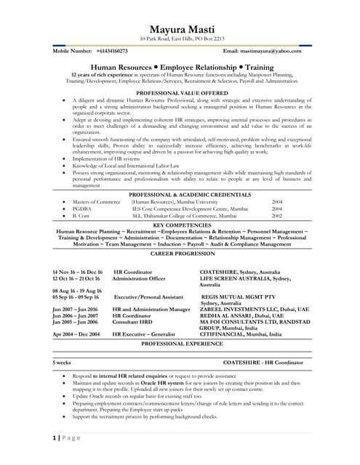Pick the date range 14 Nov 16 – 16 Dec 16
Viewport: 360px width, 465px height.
coord(78,271)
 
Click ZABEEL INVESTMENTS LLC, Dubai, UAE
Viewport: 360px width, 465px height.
coord(255,309)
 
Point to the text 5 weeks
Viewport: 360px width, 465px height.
coord(62,361)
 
